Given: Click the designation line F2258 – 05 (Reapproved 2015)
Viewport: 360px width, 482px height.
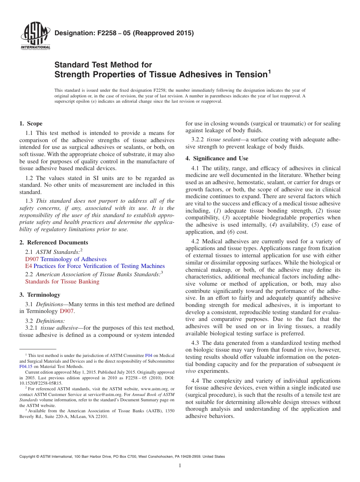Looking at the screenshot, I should [124, 33].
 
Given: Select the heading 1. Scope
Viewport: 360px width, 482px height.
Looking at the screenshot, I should [31, 124].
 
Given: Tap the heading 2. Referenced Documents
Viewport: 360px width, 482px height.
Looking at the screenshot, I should [54, 243].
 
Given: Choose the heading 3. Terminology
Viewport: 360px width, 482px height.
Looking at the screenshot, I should [40, 295].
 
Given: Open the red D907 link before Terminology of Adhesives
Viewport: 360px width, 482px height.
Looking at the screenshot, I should [32, 259].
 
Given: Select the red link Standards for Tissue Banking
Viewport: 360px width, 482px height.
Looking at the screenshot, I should [62, 282].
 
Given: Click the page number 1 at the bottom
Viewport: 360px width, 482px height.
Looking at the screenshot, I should [180, 466].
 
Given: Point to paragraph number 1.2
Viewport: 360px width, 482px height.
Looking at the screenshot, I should [29, 178].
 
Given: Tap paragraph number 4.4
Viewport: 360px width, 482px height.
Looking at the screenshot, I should [196, 381].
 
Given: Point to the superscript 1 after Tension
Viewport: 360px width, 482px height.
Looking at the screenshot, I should [269, 71].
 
